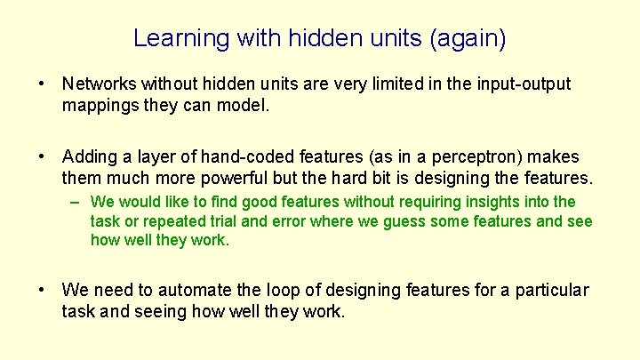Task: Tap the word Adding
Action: [x=90, y=156]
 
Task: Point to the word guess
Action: [x=408, y=220]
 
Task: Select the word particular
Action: [x=553, y=290]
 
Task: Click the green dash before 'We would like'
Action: [x=77, y=202]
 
